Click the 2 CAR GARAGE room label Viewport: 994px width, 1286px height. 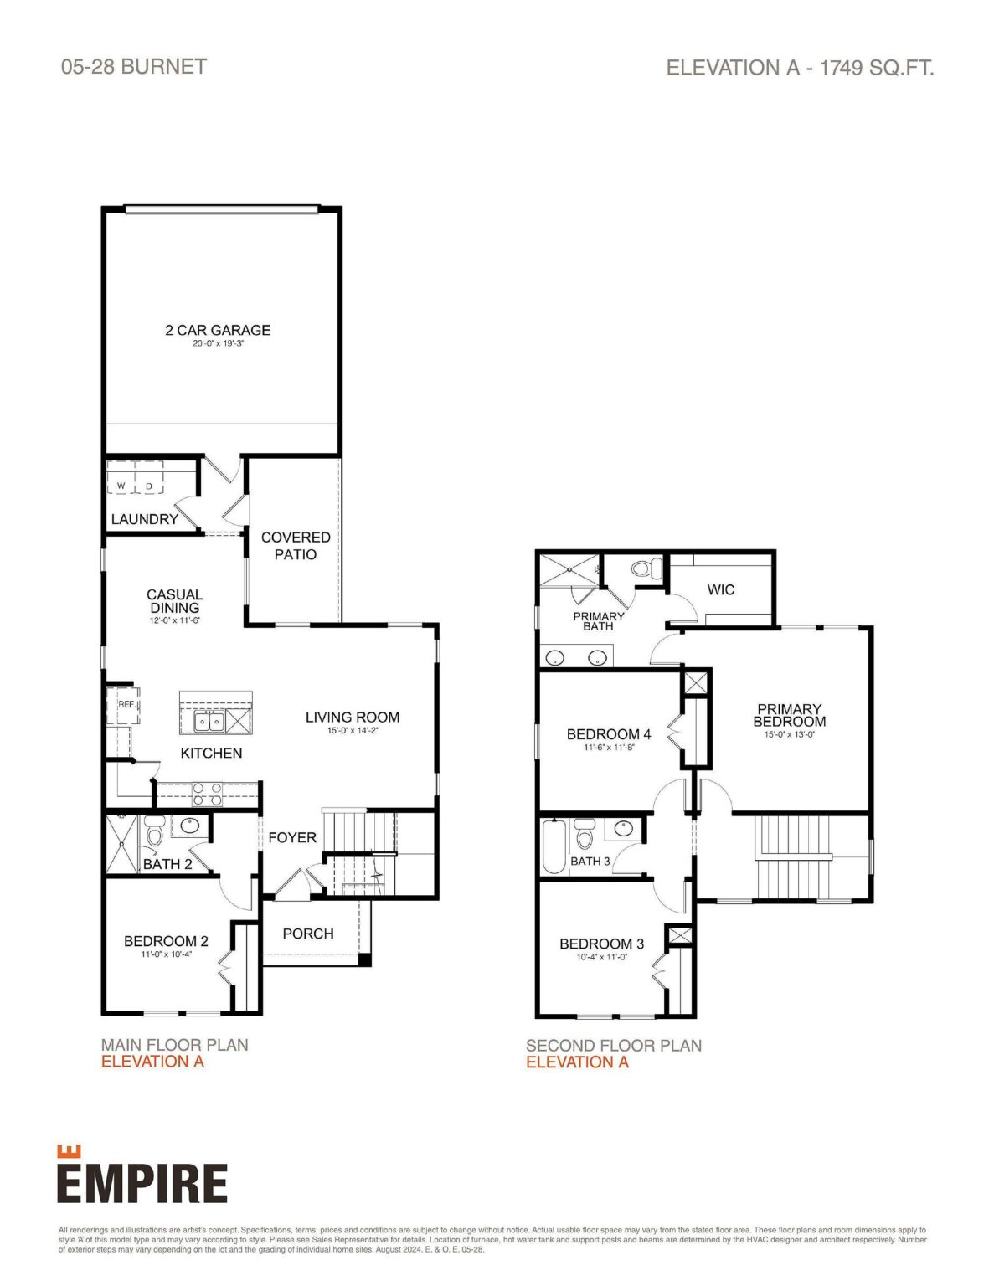(218, 330)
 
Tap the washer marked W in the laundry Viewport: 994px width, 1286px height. (121, 486)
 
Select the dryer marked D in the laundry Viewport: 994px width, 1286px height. (149, 486)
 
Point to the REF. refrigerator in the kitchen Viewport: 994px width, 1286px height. (124, 705)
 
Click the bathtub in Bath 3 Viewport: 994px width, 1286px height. (554, 846)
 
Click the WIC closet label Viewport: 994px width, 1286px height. (720, 590)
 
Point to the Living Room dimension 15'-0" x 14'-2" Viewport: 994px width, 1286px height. (353, 731)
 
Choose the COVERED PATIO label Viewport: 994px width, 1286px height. (296, 546)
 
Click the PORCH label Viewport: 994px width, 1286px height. (307, 934)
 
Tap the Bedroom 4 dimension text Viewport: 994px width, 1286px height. (609, 748)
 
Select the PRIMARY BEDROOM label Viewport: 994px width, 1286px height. (789, 715)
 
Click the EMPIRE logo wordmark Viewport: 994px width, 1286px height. (142, 1182)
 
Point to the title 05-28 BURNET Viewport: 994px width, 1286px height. (134, 67)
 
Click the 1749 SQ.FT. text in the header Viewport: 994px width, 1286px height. (876, 68)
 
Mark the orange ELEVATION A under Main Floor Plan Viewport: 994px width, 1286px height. (152, 1062)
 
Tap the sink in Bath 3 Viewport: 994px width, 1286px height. (624, 829)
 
